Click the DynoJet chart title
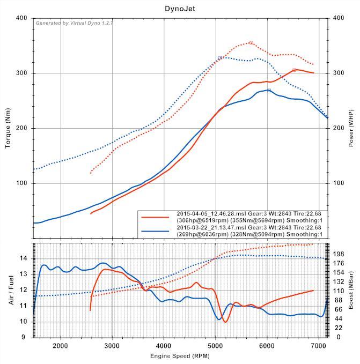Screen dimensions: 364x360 180,9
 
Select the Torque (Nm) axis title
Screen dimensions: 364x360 9,129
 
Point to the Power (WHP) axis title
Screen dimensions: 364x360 351,129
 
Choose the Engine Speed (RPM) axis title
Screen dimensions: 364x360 180,356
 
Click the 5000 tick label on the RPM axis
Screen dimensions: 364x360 216,346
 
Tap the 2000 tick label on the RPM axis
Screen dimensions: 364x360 60,346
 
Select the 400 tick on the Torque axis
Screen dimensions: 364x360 22,18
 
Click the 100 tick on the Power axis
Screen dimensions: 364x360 339,183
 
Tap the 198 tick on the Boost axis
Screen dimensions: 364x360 339,254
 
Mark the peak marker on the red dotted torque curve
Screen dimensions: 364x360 251,43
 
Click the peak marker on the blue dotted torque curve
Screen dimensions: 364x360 220,57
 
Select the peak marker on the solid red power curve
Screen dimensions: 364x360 294,70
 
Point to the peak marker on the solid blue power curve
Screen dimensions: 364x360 269,91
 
